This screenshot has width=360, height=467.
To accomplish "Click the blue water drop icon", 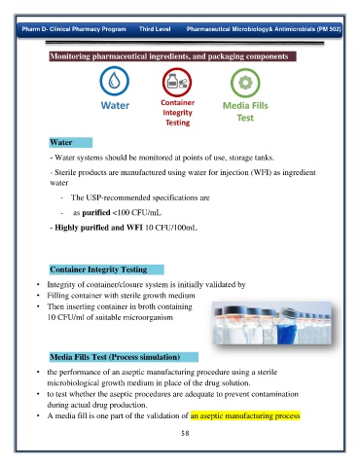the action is click(114, 81).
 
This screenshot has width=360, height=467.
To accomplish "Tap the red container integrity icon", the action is click(177, 83).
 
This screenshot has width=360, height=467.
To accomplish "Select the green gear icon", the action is click(245, 83).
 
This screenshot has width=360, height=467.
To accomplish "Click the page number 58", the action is click(185, 433).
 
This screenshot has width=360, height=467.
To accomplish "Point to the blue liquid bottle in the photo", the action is click(286, 328).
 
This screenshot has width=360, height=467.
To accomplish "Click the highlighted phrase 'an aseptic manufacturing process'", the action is click(245, 415).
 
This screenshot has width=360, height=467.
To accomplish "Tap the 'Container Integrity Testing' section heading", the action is click(98, 269).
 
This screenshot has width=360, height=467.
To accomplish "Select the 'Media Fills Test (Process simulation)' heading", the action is click(115, 357).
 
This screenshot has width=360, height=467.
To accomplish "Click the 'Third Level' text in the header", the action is click(155, 29).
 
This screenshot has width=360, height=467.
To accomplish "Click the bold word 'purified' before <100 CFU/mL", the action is click(96, 213).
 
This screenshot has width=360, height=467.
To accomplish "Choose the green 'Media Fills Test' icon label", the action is click(245, 112).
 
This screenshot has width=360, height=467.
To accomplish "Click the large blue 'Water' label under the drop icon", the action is click(115, 105).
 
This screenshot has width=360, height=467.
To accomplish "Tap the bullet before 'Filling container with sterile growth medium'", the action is click(38, 296).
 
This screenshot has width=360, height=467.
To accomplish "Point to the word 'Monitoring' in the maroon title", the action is click(70, 56).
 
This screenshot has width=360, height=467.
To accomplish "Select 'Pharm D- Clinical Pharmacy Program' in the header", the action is click(74, 29).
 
